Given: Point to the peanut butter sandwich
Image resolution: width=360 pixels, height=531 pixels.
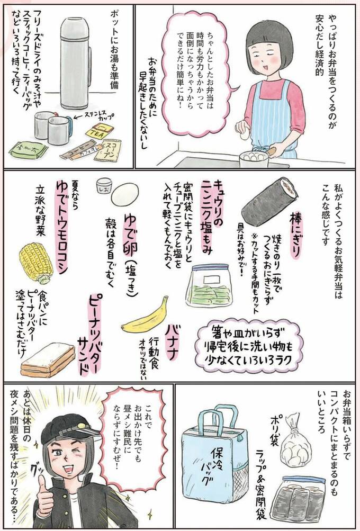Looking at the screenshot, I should [47, 359].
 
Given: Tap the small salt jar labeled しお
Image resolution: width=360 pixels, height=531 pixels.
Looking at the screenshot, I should [102, 185].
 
